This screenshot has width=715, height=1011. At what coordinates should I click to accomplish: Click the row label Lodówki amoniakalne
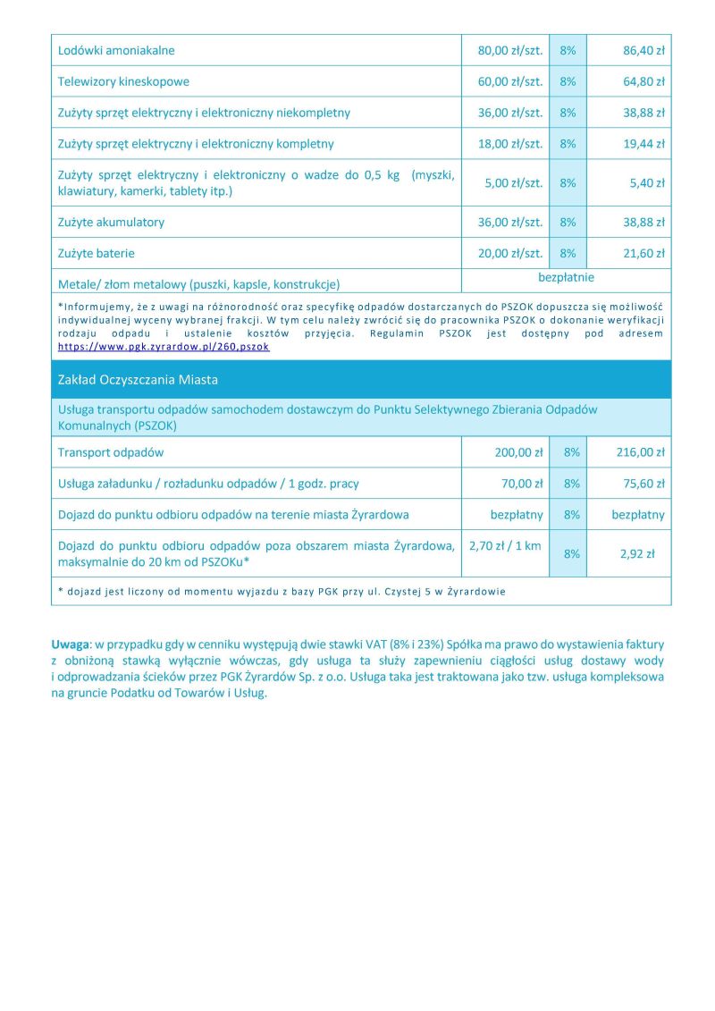tap(116, 51)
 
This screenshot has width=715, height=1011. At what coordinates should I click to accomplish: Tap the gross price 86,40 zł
tap(643, 51)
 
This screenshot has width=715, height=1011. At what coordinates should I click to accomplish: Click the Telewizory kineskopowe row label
tap(123, 81)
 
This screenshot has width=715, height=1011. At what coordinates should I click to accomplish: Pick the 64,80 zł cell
tap(643, 81)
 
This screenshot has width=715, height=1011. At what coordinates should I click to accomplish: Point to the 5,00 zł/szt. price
tap(513, 183)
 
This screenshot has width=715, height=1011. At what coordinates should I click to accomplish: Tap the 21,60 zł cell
tap(643, 253)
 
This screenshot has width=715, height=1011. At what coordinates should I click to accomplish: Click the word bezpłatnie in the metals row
tap(566, 277)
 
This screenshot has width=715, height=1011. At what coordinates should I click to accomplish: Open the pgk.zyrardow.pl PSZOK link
tap(164, 346)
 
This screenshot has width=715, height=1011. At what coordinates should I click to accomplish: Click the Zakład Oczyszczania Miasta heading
tap(138, 380)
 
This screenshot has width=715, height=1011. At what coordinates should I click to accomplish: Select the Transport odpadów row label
tap(111, 452)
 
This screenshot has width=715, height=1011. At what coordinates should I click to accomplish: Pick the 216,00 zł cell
tap(640, 452)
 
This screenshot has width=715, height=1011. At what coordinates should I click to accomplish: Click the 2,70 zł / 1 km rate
tap(505, 545)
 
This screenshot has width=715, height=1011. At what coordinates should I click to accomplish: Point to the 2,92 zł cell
tap(637, 554)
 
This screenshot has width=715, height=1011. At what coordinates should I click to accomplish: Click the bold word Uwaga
tap(71, 644)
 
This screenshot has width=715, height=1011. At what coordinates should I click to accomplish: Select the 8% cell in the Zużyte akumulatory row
tap(568, 222)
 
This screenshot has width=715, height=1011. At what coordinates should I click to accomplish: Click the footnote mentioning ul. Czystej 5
tap(282, 591)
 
